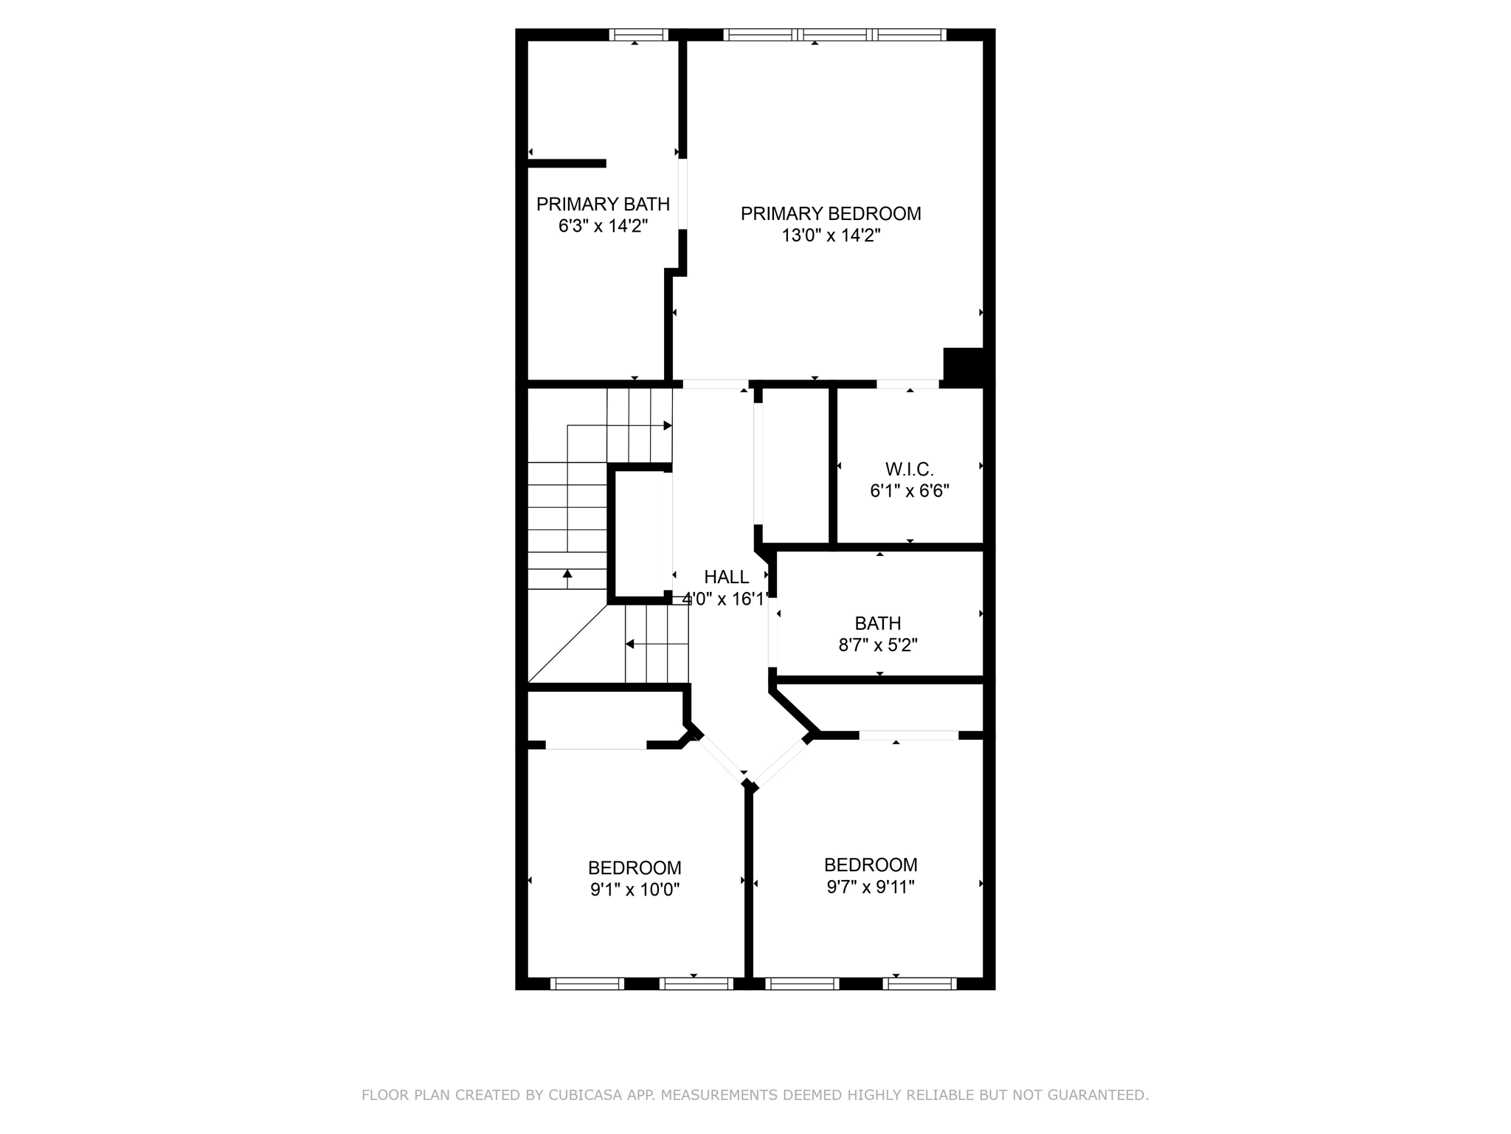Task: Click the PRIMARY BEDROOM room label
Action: (831, 214)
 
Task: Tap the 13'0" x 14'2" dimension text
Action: (831, 236)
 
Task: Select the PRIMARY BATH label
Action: (603, 204)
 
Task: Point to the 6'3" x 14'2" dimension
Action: (603, 226)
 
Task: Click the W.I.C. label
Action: (909, 469)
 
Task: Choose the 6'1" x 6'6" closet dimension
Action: (909, 491)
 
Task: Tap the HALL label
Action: (726, 577)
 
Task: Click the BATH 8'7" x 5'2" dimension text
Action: (877, 645)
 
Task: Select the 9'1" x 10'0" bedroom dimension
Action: (635, 890)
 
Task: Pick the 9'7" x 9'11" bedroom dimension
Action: (871, 887)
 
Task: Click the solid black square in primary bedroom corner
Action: (964, 365)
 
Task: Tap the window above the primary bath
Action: (638, 34)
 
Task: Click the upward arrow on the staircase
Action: (567, 575)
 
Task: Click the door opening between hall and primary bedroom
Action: (715, 384)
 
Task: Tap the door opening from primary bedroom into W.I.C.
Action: (907, 384)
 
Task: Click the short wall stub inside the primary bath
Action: (567, 163)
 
